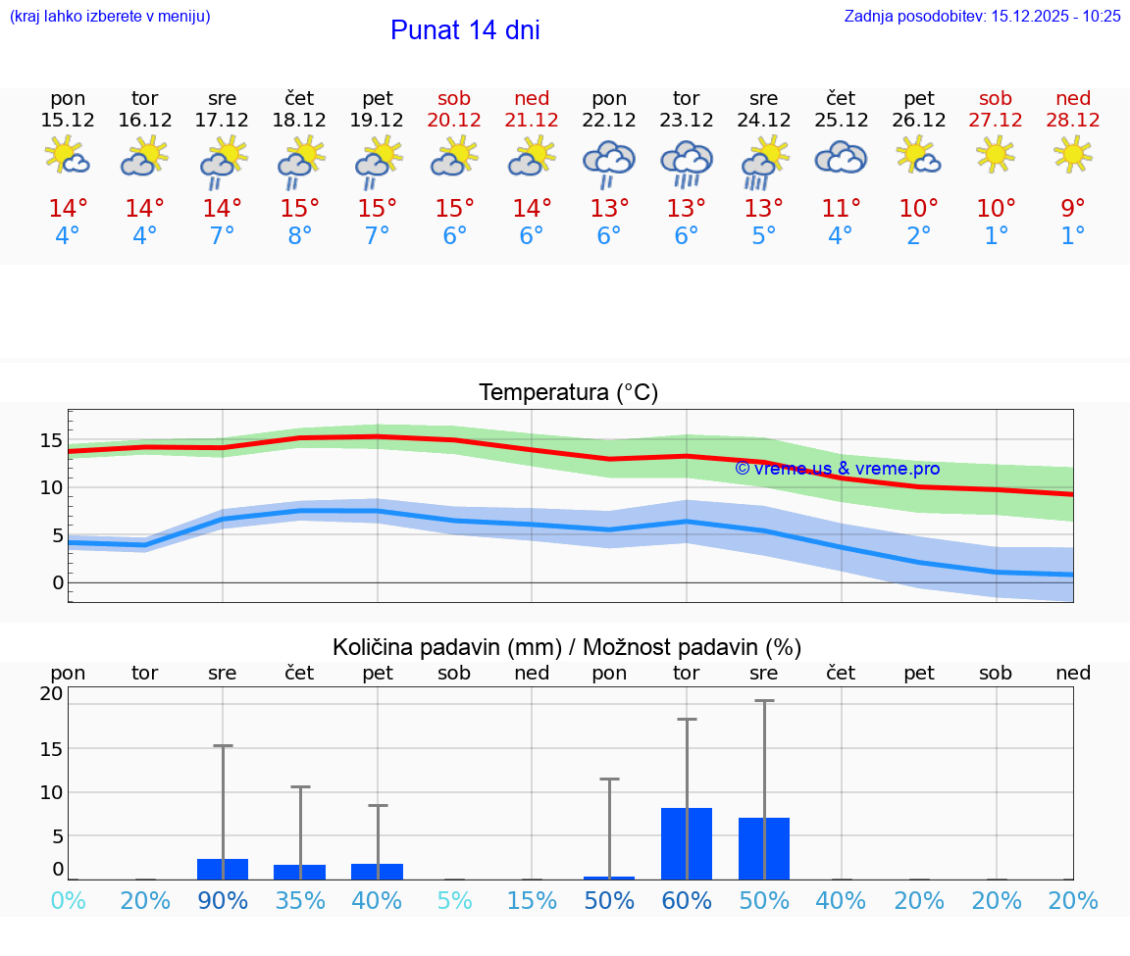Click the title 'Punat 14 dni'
point(465,30)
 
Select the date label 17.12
point(223,120)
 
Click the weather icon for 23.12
point(687,163)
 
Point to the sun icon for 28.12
point(1073,154)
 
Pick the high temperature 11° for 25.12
point(842,209)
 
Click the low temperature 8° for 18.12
point(300,236)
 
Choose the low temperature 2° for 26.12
point(919,236)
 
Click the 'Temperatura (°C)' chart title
point(568,393)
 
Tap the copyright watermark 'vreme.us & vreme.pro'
point(837,469)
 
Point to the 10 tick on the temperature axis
point(52,487)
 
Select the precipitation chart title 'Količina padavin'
point(567,647)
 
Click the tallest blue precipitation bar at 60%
point(687,843)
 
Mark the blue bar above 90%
point(223,869)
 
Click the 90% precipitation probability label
point(223,900)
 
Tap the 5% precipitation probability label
point(454,900)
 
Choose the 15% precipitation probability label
point(532,900)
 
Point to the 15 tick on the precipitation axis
point(51,748)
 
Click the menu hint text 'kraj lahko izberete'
point(110,16)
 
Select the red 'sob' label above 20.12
point(454,98)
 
